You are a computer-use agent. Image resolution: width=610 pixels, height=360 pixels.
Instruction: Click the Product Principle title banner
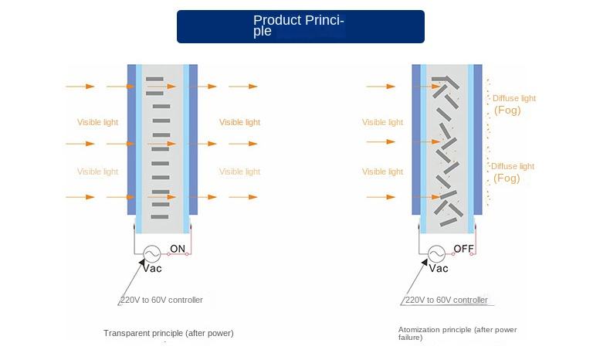coord(300,26)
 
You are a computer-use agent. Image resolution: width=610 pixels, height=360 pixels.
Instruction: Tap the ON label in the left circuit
coord(178,249)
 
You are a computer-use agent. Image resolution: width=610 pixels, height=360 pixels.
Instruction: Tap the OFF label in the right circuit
coord(463,249)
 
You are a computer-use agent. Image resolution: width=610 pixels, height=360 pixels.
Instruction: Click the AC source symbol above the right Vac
coord(436,253)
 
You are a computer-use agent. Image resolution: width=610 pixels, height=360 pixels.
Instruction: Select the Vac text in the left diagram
coord(152,269)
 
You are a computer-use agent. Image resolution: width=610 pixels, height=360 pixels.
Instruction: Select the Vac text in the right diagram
coord(438,269)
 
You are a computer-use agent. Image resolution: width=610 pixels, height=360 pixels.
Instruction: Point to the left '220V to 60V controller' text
coord(161,300)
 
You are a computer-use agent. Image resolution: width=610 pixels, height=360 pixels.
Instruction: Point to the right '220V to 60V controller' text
coord(446,300)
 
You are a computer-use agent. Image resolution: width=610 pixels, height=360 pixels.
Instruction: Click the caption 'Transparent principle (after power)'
coord(168,333)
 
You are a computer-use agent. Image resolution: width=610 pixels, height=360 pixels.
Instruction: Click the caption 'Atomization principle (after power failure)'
coord(457,333)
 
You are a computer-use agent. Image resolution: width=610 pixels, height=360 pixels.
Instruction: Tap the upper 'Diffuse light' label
coord(513,99)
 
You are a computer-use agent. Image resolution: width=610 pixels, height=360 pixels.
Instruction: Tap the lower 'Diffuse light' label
coord(513,166)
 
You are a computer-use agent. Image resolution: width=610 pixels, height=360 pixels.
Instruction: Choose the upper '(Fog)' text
coord(507,110)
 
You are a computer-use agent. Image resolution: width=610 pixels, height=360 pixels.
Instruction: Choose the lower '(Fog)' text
coord(507,178)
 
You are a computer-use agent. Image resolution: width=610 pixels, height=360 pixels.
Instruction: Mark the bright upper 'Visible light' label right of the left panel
coord(239,122)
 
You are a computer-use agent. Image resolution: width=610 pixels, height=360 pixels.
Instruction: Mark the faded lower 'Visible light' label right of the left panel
coord(239,172)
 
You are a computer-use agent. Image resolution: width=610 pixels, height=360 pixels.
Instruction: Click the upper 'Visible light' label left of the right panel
coord(382,122)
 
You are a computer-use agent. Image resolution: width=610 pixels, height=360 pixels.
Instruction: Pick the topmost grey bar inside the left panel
coord(155,77)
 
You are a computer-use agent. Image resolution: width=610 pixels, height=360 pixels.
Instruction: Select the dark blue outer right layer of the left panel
coord(193,139)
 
